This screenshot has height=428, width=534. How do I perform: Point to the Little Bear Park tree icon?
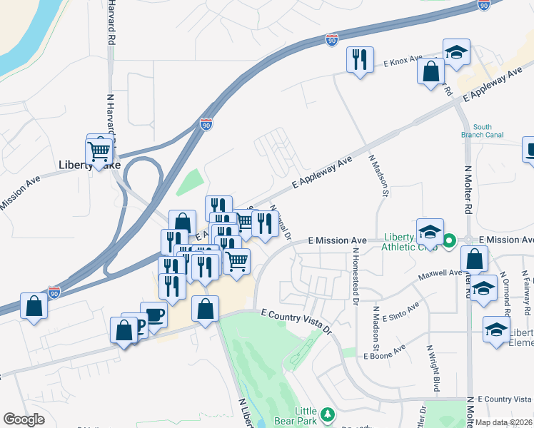click(x=328, y=414)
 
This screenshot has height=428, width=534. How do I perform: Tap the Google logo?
click(x=24, y=419)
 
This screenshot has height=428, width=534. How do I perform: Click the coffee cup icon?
click(x=153, y=314)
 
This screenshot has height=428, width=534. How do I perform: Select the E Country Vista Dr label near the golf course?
click(x=296, y=321)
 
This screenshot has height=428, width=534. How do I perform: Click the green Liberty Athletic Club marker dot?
click(x=448, y=240)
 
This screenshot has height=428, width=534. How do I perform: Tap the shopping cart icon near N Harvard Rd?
click(x=99, y=151)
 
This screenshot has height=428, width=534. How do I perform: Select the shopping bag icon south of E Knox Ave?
click(x=431, y=71)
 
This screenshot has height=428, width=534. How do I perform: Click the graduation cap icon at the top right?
click(x=456, y=51)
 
